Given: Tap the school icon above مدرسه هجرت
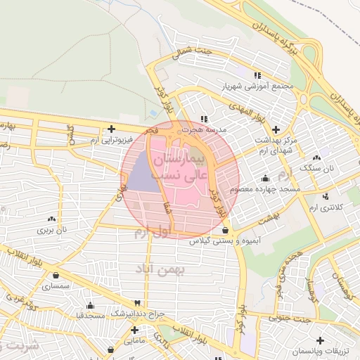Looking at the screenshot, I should click(204, 119).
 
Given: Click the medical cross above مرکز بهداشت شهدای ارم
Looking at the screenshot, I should click(276, 130).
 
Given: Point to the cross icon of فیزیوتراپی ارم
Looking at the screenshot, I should click(112, 129).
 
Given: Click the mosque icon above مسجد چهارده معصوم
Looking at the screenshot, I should click(265, 178).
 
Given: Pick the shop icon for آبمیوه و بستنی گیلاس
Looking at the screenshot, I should click(224, 230).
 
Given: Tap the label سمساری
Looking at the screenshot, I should click(56, 287).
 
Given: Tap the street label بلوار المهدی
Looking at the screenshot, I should click(240, 114).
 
